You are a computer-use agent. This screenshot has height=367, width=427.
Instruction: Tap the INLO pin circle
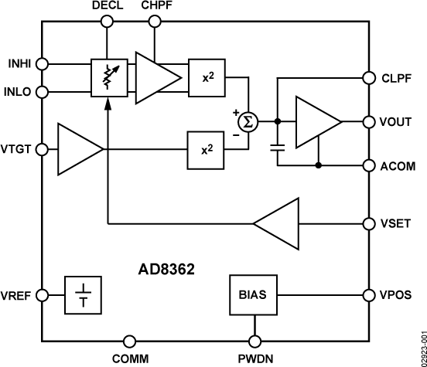[43, 93]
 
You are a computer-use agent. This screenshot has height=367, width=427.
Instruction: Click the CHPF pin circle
[155, 22]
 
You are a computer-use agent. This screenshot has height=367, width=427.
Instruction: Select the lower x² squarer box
[207, 149]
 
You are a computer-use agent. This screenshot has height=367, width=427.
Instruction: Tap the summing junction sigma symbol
[247, 122]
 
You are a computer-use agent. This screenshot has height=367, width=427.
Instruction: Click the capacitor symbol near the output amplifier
[278, 148]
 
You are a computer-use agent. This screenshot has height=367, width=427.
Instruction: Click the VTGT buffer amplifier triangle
[78, 148]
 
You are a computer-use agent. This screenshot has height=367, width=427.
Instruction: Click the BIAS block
[253, 294]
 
